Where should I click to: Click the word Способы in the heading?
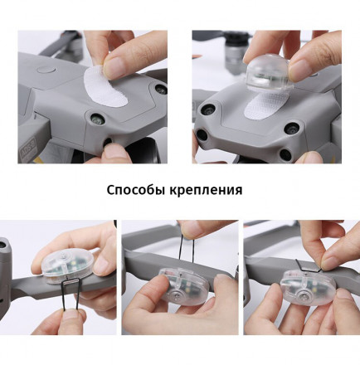136,190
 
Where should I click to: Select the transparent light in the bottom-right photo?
304,285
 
